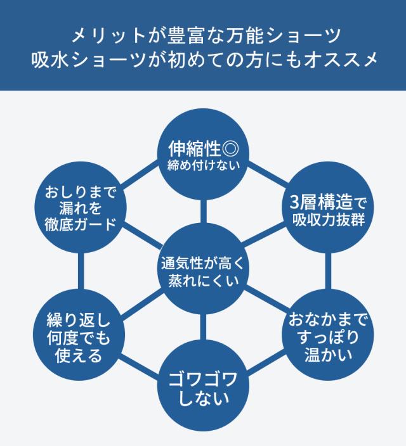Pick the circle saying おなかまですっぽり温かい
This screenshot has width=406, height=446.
tap(327, 334)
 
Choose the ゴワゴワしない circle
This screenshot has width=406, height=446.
tap(203, 389)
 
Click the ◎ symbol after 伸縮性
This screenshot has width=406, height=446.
tap(230, 150)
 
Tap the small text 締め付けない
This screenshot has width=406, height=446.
tap(203, 167)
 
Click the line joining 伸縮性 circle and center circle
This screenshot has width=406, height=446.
tap(203, 209)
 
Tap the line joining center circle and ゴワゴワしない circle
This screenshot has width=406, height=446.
tap(203, 329)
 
